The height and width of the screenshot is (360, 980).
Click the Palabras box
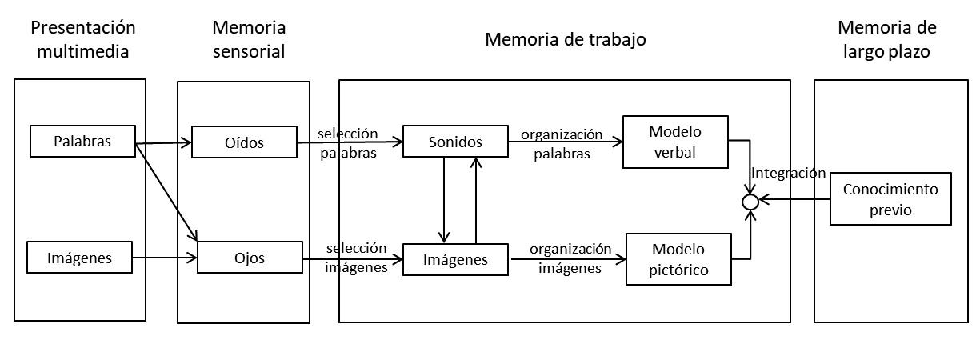(82, 142)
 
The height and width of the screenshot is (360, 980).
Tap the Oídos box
(243, 143)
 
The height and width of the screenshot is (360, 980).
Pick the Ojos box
(250, 258)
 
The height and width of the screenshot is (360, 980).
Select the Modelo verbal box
(674, 142)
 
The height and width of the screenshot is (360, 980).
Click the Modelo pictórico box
(679, 258)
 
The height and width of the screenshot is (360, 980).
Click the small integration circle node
(750, 202)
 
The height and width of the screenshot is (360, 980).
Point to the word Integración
(787, 172)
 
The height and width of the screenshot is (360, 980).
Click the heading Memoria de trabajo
(565, 39)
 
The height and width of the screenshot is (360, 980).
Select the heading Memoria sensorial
(249, 39)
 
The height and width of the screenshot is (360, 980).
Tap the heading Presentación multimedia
(82, 39)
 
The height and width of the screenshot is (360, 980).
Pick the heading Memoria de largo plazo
(886, 39)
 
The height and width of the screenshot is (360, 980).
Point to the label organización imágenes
(570, 258)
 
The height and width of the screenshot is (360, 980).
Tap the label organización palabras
(561, 143)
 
